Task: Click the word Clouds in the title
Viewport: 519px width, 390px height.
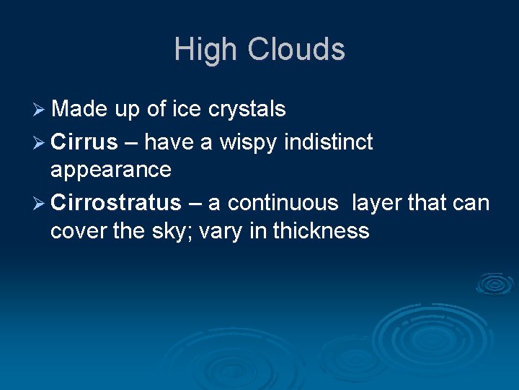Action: (296, 50)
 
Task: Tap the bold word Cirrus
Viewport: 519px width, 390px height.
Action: (84, 142)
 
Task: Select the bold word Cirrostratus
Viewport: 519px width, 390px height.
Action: (116, 203)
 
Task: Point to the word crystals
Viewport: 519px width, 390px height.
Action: (247, 110)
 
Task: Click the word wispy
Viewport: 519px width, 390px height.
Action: (249, 144)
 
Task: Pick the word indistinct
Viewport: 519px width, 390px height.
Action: (329, 142)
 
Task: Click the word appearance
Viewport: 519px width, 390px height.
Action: (111, 170)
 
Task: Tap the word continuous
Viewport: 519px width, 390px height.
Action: (283, 203)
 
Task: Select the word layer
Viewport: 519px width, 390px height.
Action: (377, 203)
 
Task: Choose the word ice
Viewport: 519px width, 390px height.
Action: (187, 110)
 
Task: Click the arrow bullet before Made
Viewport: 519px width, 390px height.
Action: (40, 110)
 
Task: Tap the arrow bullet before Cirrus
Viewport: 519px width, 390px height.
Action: (40, 143)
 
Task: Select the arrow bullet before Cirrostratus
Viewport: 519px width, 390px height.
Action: (40, 204)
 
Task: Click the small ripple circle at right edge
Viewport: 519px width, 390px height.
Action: (496, 284)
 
